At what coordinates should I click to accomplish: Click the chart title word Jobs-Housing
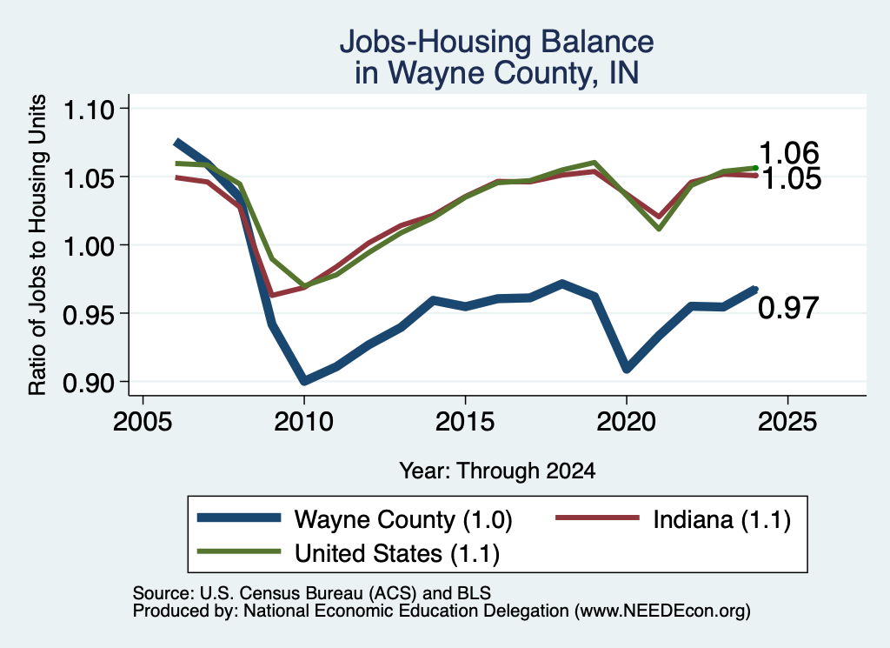click(436, 42)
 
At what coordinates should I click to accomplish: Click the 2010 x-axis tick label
click(303, 422)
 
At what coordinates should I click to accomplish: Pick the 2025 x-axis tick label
click(787, 422)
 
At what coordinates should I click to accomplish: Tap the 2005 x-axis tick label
click(143, 422)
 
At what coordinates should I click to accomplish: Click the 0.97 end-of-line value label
click(788, 308)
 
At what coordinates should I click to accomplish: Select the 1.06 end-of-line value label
click(788, 153)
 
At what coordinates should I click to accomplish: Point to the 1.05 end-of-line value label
click(791, 178)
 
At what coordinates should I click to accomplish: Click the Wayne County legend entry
click(355, 519)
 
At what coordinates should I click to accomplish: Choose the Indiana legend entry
click(674, 519)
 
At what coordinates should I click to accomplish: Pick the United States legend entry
click(348, 552)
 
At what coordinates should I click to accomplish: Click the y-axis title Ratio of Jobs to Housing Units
click(37, 244)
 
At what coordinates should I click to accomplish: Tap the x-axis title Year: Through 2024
click(497, 471)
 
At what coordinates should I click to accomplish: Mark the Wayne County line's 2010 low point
click(304, 380)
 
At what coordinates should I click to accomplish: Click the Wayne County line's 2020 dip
click(627, 368)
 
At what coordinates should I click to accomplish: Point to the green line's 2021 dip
click(659, 228)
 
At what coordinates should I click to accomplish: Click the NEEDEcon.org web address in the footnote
click(662, 611)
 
